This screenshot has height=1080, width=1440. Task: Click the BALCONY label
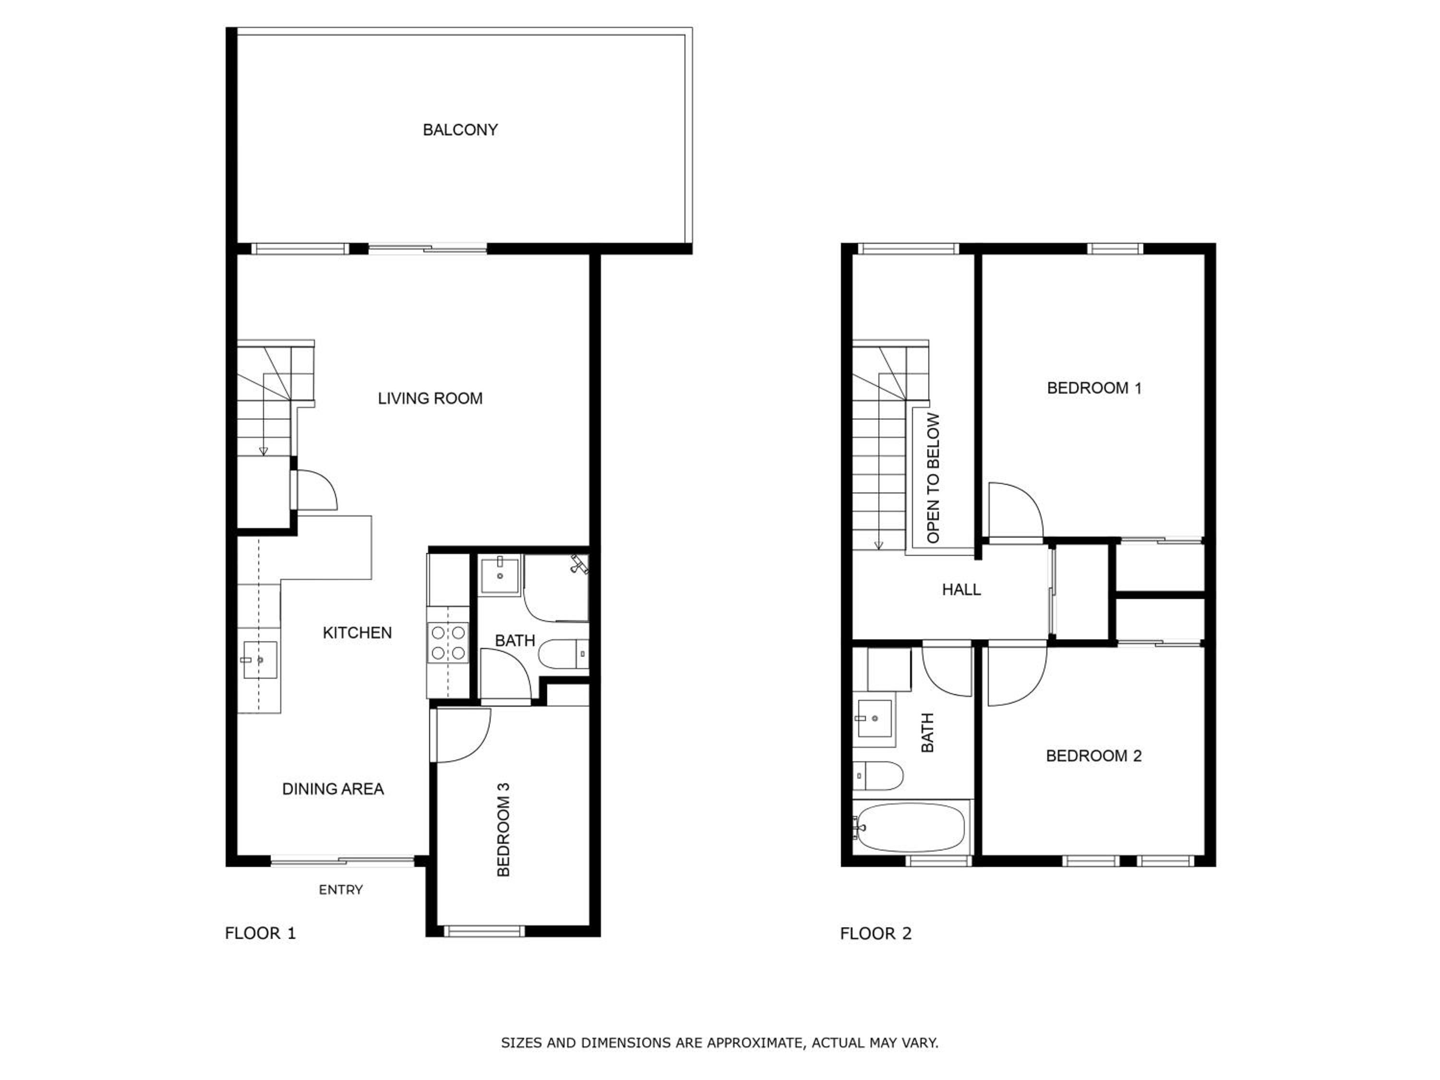click(460, 130)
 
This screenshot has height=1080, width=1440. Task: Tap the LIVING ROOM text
click(430, 398)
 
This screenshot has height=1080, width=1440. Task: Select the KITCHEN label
click(358, 633)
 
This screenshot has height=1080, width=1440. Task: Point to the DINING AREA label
click(333, 789)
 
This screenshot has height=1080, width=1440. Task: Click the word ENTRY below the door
click(340, 890)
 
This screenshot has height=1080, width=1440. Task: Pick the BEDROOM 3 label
click(503, 830)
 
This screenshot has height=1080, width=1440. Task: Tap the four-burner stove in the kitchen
click(448, 643)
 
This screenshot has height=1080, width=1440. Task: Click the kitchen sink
click(260, 660)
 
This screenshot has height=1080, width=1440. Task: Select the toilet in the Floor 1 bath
click(564, 654)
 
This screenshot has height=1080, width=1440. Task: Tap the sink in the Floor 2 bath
click(874, 719)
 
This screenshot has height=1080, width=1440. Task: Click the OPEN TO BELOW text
click(933, 479)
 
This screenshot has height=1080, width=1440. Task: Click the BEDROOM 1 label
click(1094, 388)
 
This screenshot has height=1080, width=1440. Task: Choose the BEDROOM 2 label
click(1093, 756)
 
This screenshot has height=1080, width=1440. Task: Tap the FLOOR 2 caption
click(876, 934)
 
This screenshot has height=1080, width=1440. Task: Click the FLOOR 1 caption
click(260, 934)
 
